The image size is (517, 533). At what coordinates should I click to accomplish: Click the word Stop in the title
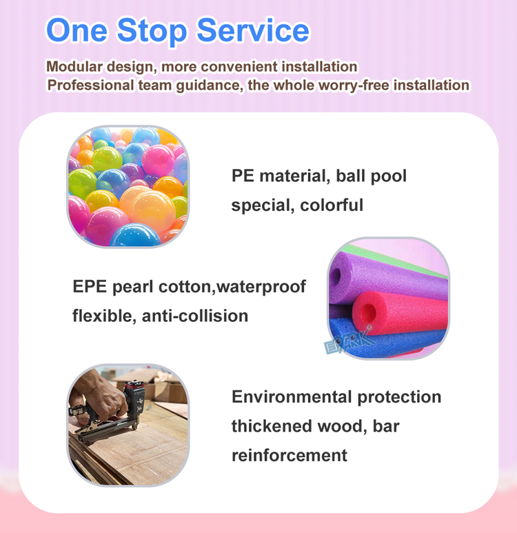(152, 31)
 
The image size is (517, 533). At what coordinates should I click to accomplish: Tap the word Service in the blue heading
(253, 30)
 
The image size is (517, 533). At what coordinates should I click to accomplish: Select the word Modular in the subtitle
(74, 66)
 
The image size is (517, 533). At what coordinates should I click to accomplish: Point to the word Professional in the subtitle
(91, 85)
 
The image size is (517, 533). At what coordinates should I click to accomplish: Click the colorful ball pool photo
(128, 186)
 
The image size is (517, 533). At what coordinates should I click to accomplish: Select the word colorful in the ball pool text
(332, 205)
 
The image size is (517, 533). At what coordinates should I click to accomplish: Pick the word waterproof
(261, 287)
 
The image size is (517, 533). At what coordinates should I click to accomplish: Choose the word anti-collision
(195, 316)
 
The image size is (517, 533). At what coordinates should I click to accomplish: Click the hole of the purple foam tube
(336, 276)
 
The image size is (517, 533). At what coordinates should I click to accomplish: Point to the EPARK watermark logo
(348, 340)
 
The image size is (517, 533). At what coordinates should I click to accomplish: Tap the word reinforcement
(290, 455)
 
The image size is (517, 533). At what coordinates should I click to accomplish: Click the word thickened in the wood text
(271, 426)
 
